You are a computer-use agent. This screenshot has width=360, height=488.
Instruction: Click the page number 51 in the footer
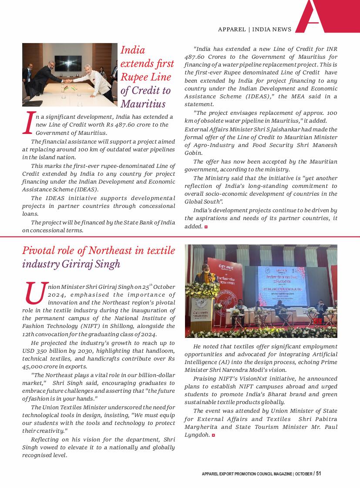point(319,474)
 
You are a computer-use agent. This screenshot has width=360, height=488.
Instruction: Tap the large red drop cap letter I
point(28,123)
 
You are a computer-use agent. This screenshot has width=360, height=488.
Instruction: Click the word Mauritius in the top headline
point(143,104)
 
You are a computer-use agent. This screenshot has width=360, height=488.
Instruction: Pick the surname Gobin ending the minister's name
point(193,153)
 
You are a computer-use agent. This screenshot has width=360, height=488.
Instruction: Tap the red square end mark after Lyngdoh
point(213,435)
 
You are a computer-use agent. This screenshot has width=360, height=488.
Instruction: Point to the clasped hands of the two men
point(70,81)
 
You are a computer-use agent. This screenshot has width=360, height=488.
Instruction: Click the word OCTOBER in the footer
point(303,474)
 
